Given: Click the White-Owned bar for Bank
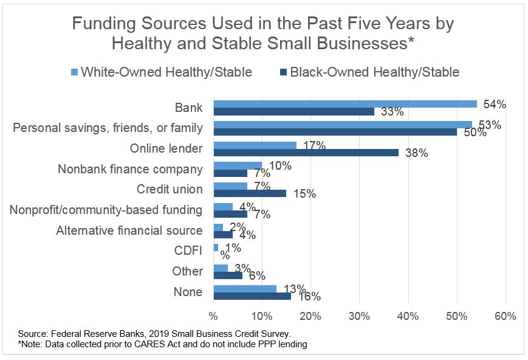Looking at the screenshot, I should [345, 104].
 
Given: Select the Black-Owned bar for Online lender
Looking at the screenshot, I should [306, 152].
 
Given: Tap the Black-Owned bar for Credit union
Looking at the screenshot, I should [249, 193].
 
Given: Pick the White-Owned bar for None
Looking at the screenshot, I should [244, 288].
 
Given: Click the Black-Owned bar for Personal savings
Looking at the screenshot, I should [334, 131].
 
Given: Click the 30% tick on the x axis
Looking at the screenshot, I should [359, 316].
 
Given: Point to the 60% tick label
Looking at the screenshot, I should [505, 316].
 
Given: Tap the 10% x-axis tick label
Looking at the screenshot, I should [262, 316].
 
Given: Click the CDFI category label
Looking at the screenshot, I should [188, 251].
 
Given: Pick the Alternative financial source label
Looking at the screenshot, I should [129, 230].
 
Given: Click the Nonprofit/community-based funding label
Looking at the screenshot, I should [106, 210].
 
